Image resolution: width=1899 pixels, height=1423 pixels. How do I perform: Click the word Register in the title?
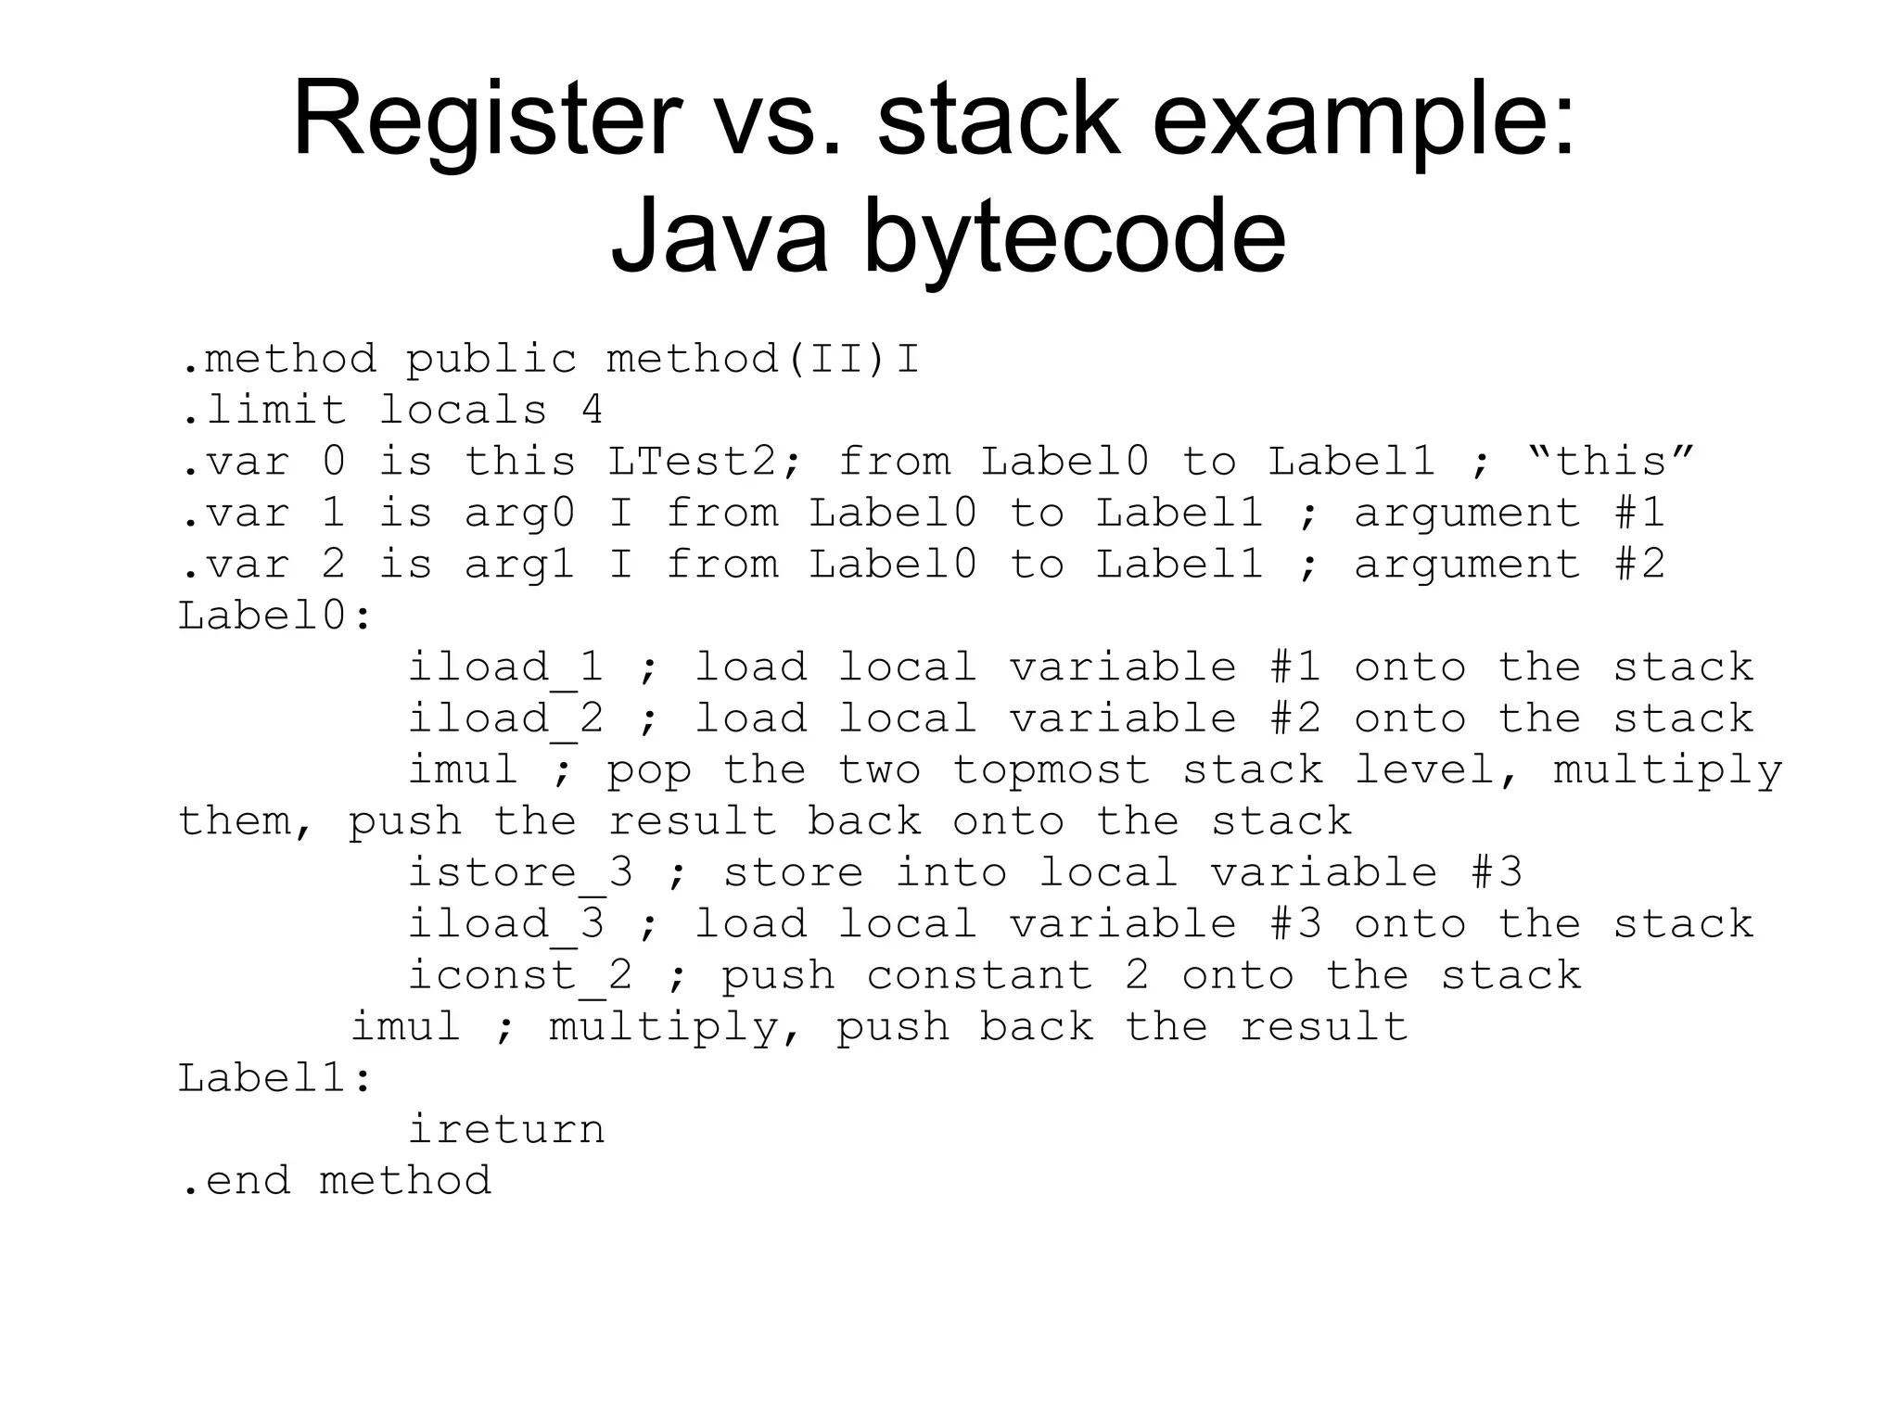[x=487, y=121]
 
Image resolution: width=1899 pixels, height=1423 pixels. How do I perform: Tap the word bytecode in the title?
[x=1075, y=236]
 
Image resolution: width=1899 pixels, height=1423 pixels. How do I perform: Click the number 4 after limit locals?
[x=592, y=410]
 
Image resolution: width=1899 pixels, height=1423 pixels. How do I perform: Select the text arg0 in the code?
[x=519, y=513]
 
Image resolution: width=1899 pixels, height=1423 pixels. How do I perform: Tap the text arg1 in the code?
[x=519, y=564]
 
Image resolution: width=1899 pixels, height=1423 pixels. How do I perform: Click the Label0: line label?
[x=274, y=616]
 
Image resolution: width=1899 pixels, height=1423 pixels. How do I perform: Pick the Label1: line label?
[x=274, y=1078]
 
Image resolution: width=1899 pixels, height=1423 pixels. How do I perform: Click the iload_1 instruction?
[x=505, y=667]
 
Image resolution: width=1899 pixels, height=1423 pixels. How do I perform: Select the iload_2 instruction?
[x=505, y=719]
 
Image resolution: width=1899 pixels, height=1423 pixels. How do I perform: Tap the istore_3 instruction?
[x=520, y=873]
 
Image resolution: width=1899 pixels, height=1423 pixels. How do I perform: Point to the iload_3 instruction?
[x=505, y=924]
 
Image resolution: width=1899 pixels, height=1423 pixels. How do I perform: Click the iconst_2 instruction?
[x=520, y=975]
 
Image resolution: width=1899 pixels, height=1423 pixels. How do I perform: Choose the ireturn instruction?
[x=506, y=1129]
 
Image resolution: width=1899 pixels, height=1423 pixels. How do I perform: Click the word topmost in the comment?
[x=1051, y=770]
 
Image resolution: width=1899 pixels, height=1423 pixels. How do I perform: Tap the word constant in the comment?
[x=979, y=975]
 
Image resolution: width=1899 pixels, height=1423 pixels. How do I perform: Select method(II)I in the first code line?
[x=762, y=359]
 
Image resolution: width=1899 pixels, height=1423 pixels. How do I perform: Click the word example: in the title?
[x=1363, y=121]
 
